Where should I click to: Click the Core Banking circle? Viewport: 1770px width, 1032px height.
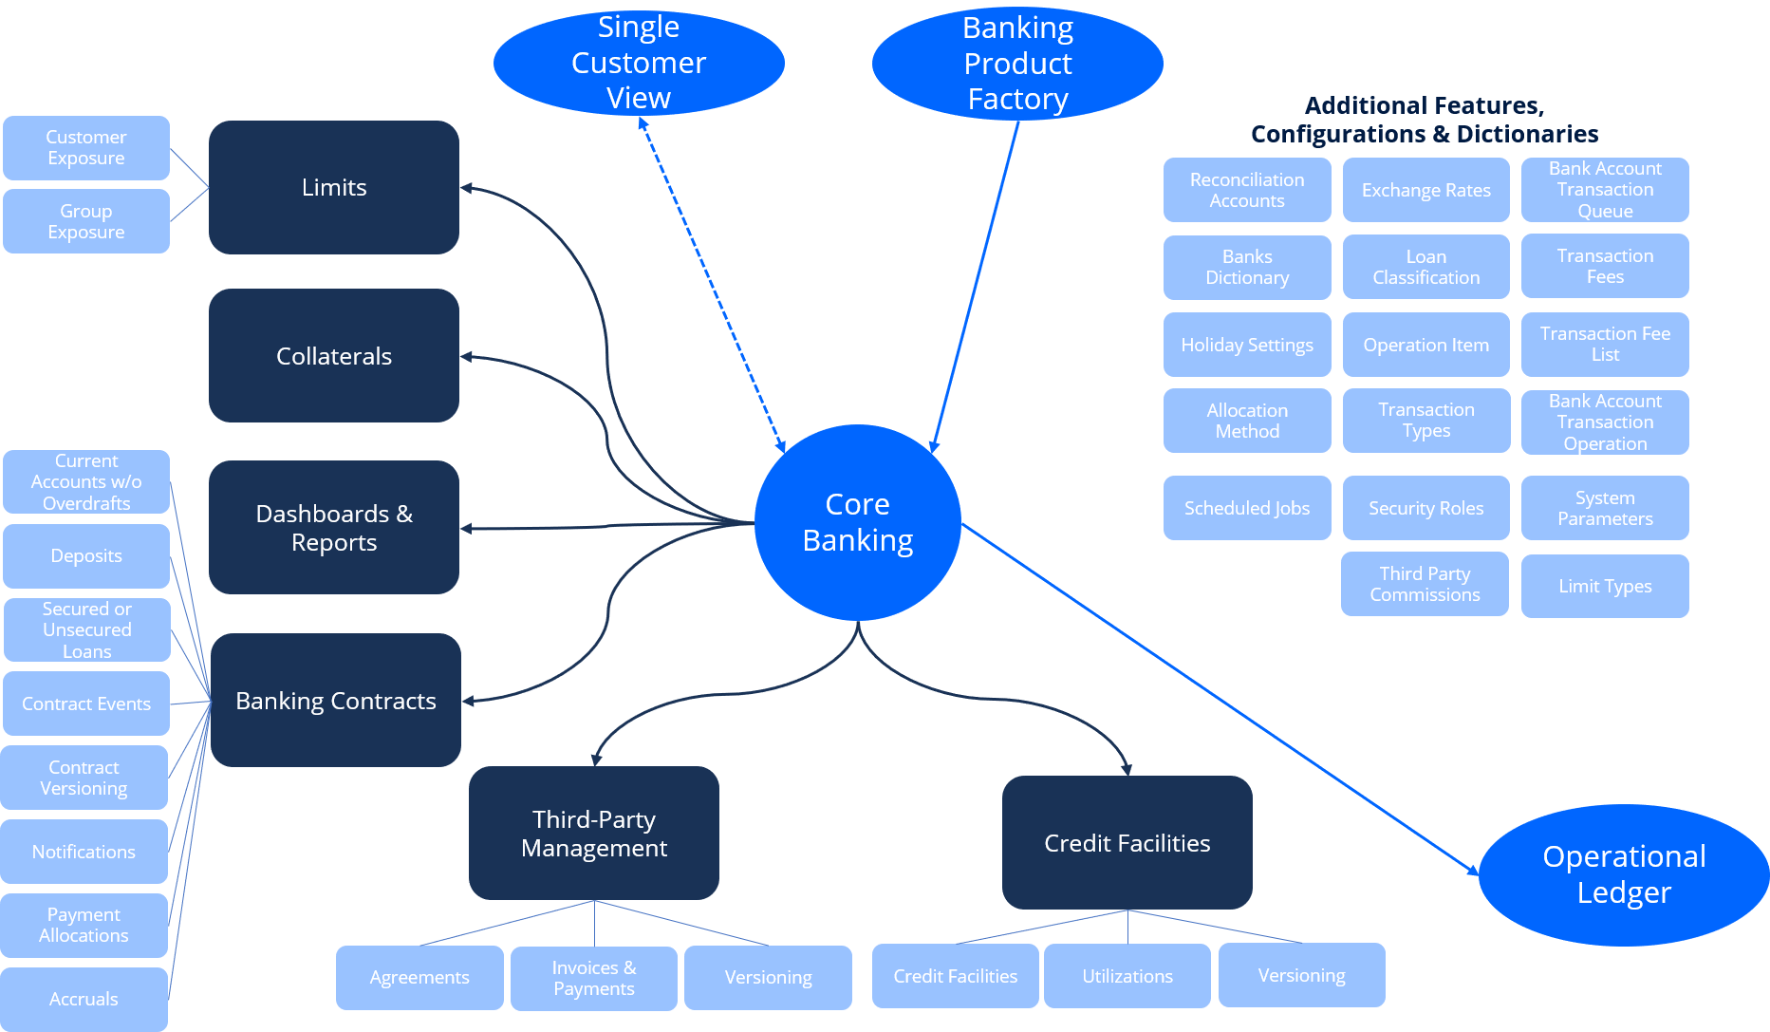click(857, 522)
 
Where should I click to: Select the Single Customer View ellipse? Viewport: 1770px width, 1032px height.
click(639, 63)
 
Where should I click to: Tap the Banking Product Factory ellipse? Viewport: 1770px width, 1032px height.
click(1017, 64)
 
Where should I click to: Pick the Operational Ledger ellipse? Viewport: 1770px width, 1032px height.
click(1624, 874)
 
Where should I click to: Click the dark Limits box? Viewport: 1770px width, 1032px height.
click(334, 187)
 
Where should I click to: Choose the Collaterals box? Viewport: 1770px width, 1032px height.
click(334, 356)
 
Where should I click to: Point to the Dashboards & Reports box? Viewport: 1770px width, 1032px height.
click(334, 528)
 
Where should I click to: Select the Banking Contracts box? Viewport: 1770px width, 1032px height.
click(336, 701)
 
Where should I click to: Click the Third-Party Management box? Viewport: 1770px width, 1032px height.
click(594, 834)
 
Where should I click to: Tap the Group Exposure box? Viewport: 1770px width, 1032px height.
click(86, 221)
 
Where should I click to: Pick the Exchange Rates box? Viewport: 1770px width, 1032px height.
click(1426, 190)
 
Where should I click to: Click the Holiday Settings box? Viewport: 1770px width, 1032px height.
click(1247, 345)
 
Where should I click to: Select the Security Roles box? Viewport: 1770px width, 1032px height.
click(1425, 508)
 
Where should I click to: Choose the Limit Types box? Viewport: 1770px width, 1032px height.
click(1605, 586)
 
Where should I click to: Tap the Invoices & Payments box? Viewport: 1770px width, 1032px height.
click(594, 978)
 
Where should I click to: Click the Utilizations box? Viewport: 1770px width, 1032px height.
click(1127, 976)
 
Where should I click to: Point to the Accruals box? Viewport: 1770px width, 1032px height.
click(84, 999)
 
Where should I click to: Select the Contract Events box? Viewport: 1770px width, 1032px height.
click(86, 704)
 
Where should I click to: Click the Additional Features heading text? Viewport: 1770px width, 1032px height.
click(1424, 120)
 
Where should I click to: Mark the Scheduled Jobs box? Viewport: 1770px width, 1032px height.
click(1247, 508)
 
